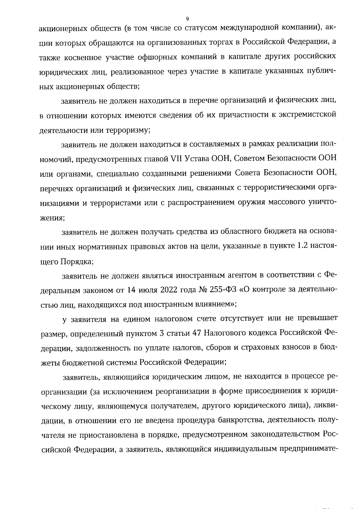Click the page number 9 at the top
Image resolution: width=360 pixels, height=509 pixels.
click(187, 19)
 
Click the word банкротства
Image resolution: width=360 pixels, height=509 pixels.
click(240, 420)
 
